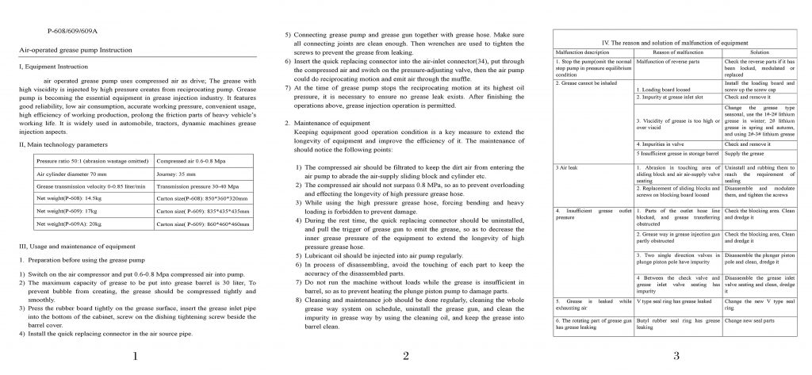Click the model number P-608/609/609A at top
coord(72,30)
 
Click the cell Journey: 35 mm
coord(177,172)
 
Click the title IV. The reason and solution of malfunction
coord(676,41)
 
